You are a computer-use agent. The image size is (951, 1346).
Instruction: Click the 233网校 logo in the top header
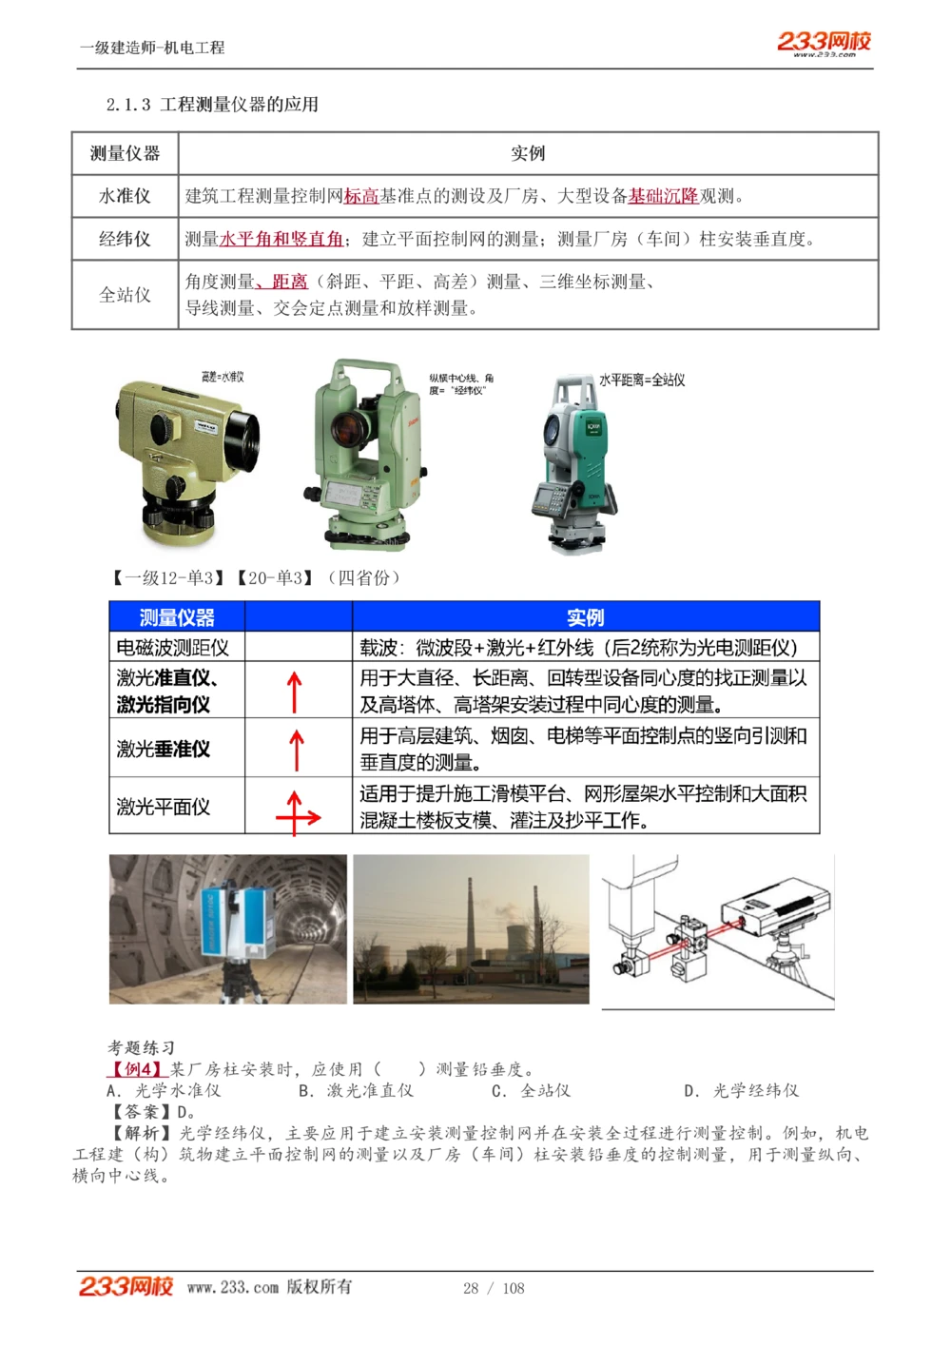coord(824,43)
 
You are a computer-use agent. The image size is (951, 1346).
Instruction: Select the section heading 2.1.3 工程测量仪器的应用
coord(212,105)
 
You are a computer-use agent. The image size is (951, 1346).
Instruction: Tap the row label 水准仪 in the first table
coord(125,196)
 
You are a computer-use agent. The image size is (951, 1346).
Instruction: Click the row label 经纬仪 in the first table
coord(125,239)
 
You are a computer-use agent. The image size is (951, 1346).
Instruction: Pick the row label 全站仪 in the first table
coord(125,295)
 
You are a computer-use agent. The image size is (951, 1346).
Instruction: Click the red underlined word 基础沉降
coord(663,196)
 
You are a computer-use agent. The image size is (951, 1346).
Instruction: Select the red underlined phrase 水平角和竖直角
coord(281,239)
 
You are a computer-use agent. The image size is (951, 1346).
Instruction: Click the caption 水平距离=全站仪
coord(642,380)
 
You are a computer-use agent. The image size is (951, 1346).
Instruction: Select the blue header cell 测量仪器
coord(177,617)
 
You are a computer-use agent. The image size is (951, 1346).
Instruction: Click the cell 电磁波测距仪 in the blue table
coord(172,648)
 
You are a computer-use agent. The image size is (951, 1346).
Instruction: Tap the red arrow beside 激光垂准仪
coord(297,750)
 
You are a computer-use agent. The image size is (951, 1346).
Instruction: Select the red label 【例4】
coord(137,1069)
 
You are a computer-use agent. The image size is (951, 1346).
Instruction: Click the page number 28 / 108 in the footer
coord(494,1288)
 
